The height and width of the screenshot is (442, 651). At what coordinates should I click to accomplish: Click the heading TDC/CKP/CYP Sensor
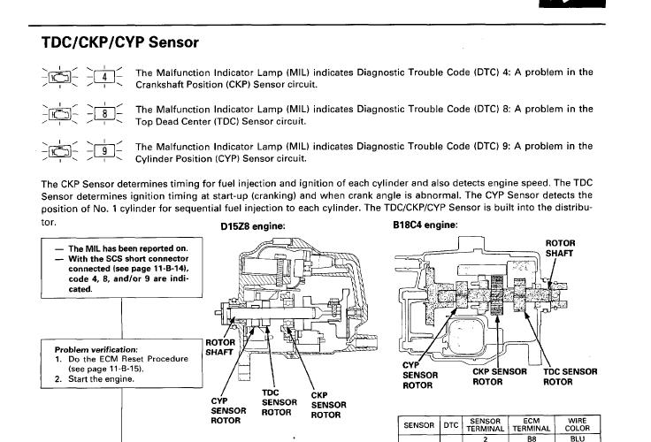point(120,42)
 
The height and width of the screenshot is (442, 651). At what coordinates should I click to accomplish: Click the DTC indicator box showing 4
point(104,77)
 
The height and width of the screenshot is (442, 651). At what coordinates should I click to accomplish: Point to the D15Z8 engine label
point(252,225)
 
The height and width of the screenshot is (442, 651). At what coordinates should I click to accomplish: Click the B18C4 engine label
point(425,225)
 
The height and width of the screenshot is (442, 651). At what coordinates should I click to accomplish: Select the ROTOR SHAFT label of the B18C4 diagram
point(560,247)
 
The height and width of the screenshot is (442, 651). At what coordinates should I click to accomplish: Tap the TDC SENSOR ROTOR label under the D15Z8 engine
point(278,402)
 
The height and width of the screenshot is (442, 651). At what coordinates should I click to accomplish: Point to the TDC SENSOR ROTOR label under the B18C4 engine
point(570,377)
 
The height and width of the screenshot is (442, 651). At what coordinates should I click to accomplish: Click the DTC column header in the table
point(451,424)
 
